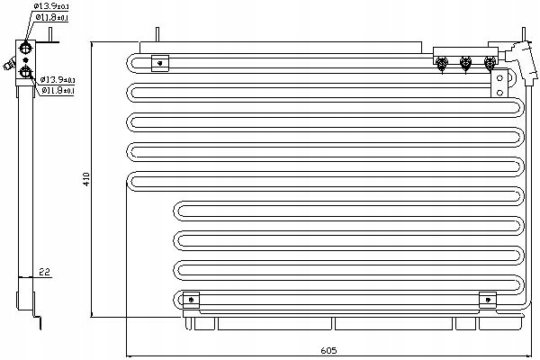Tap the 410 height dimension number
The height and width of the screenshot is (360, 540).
point(87,179)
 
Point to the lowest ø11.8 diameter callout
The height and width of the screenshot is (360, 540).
point(58,90)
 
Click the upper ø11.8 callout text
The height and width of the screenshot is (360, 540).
point(58,18)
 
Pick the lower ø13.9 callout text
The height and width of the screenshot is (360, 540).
point(58,79)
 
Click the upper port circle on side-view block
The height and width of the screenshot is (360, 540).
point(25,48)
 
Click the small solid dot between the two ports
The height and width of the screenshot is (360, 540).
point(25,60)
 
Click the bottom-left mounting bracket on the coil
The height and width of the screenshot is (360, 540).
point(191,300)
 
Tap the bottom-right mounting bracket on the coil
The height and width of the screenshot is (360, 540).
point(487,300)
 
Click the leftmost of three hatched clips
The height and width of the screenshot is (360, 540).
point(442,64)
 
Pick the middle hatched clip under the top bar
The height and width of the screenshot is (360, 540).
point(466,64)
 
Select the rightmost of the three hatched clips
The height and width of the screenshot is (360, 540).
point(490,64)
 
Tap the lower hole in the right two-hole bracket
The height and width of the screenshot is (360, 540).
point(497,93)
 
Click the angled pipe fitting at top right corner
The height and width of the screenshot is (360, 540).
point(517,47)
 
